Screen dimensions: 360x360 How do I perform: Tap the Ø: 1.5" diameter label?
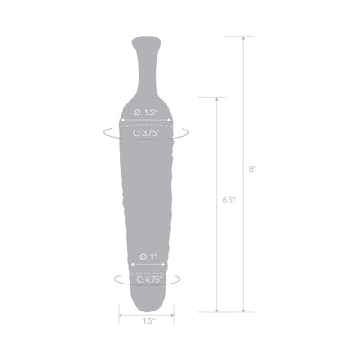pos(144,111)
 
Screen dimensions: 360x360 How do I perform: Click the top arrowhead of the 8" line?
pos(242,39)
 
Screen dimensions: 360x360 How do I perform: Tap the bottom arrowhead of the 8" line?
pos(242,309)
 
